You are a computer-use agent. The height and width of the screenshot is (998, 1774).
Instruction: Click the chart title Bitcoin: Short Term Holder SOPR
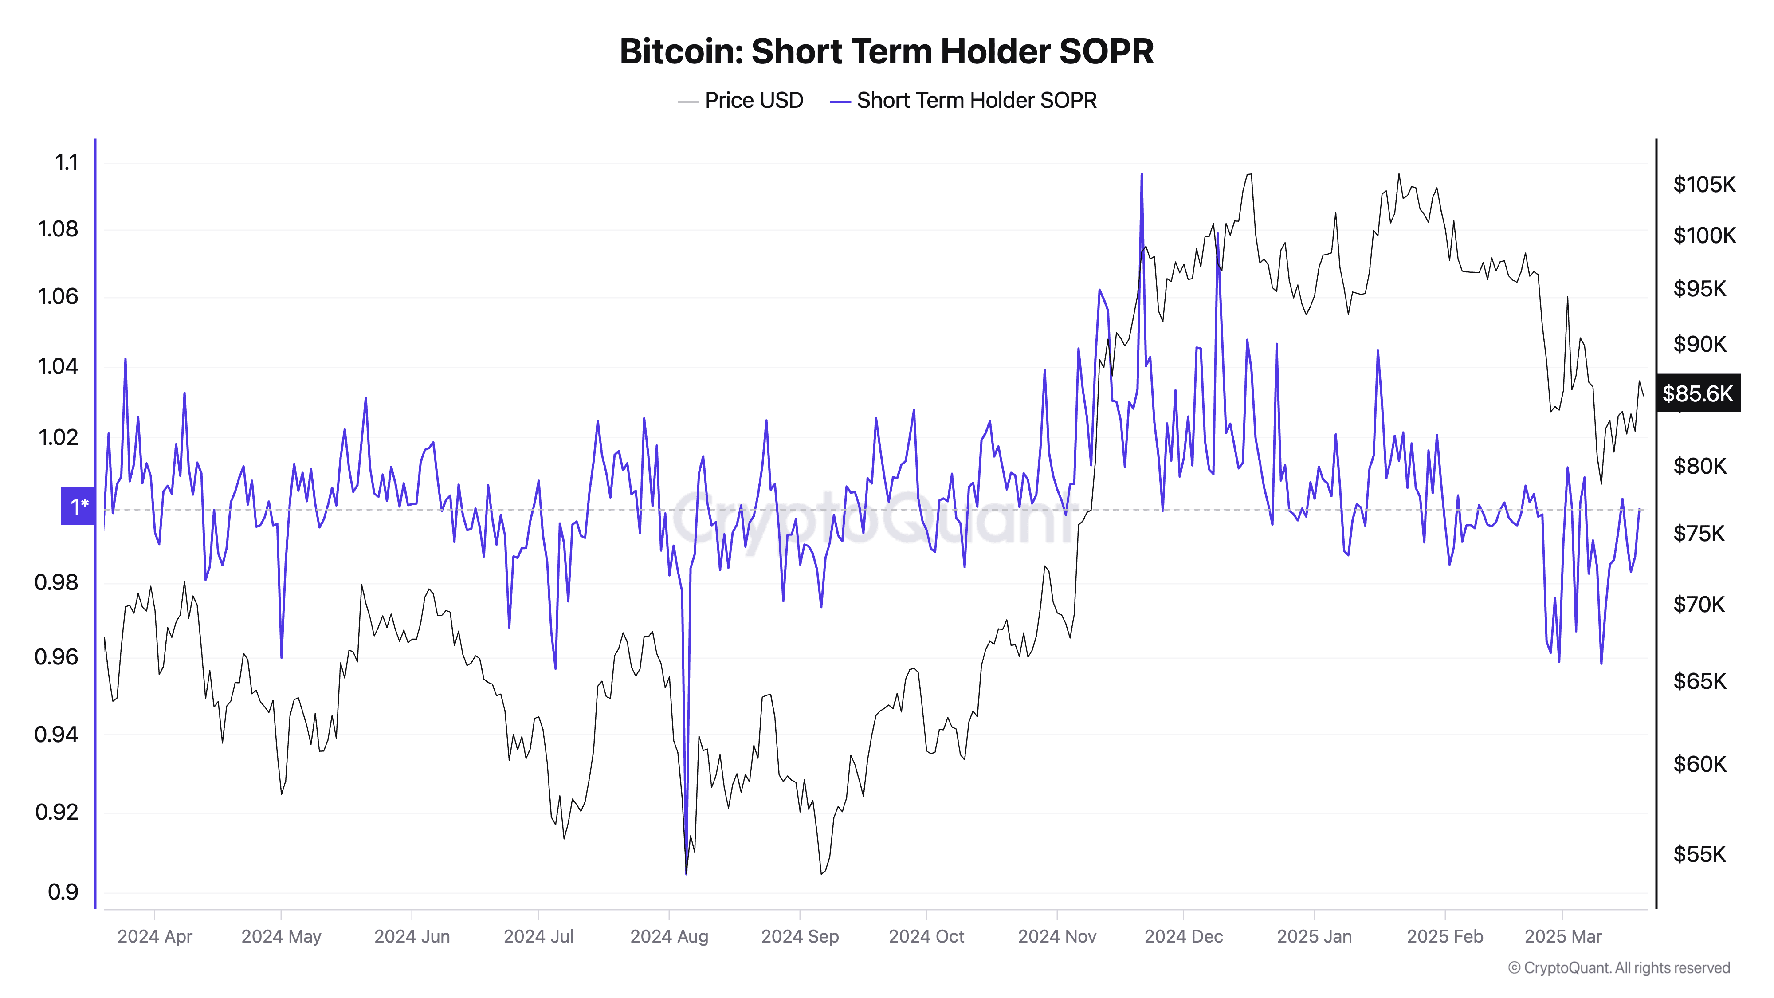click(x=886, y=51)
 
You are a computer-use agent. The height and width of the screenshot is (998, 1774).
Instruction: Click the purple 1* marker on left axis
click(x=78, y=506)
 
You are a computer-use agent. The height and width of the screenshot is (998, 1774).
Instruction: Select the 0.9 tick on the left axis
click(x=63, y=892)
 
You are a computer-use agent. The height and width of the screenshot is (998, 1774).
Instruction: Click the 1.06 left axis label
click(x=58, y=296)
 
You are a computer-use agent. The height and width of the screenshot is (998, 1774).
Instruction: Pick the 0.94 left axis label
click(x=56, y=734)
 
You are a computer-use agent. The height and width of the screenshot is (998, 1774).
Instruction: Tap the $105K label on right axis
click(x=1704, y=185)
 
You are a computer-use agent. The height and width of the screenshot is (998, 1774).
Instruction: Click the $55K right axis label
click(x=1699, y=854)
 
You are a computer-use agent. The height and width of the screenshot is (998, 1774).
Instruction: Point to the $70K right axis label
click(x=1699, y=605)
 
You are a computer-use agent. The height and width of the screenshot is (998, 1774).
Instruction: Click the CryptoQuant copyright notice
click(x=1618, y=968)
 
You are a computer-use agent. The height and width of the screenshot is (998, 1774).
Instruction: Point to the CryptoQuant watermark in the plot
click(x=871, y=517)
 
